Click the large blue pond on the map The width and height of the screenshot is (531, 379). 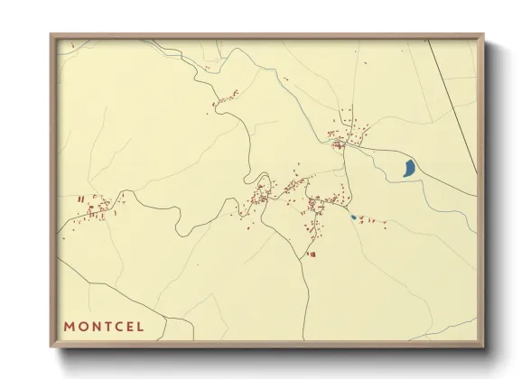[409, 167]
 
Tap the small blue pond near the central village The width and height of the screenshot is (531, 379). [353, 217]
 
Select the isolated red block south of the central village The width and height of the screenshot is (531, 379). [312, 254]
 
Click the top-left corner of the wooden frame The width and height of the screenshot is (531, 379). [51, 35]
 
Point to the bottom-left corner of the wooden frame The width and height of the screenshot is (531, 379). [51, 347]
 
